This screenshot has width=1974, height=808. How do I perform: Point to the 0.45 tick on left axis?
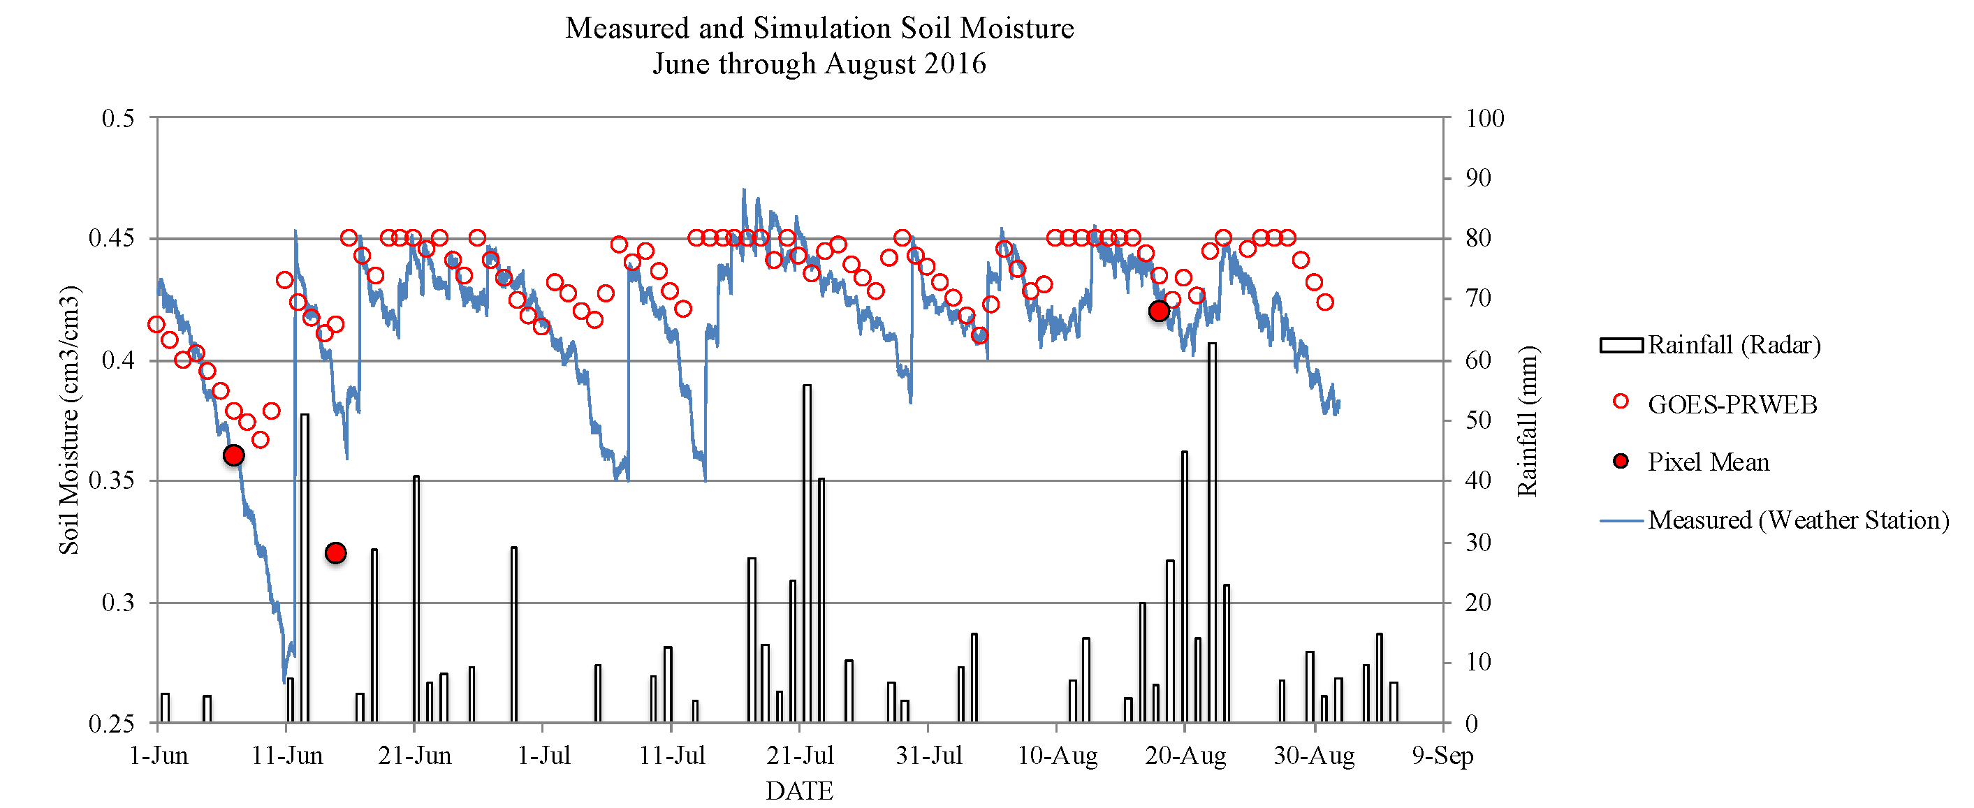112,238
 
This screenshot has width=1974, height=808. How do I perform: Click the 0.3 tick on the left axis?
118,603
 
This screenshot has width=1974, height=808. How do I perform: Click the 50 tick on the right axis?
1478,420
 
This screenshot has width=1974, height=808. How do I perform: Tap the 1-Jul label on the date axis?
544,756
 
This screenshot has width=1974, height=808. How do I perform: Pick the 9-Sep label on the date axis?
1442,756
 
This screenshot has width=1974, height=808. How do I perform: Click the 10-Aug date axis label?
1057,756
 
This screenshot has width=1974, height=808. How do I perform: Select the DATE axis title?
799,791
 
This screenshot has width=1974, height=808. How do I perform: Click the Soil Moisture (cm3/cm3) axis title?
69,420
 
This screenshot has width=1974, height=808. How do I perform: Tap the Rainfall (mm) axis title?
1527,421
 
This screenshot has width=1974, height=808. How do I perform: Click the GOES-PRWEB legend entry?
1732,404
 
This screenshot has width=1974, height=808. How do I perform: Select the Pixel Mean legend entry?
1708,462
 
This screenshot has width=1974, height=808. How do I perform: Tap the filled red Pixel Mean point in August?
1159,311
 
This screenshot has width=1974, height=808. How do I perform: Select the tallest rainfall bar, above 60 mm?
1211,532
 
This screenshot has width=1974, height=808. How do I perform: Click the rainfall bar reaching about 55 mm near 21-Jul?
807,553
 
